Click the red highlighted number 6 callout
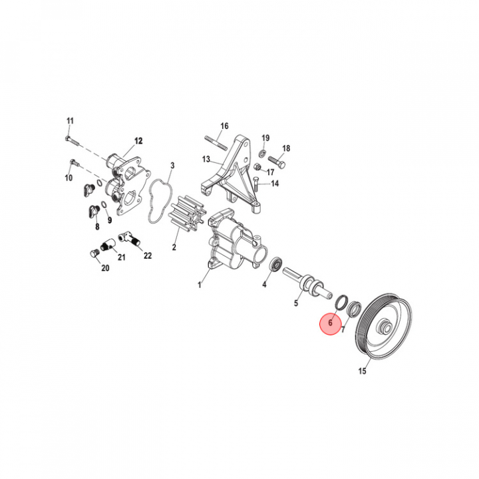(330, 323)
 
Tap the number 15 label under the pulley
(362, 371)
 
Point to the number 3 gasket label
(172, 166)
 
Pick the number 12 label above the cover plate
(138, 141)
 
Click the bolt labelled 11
(72, 140)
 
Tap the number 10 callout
(69, 178)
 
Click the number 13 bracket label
(206, 159)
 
